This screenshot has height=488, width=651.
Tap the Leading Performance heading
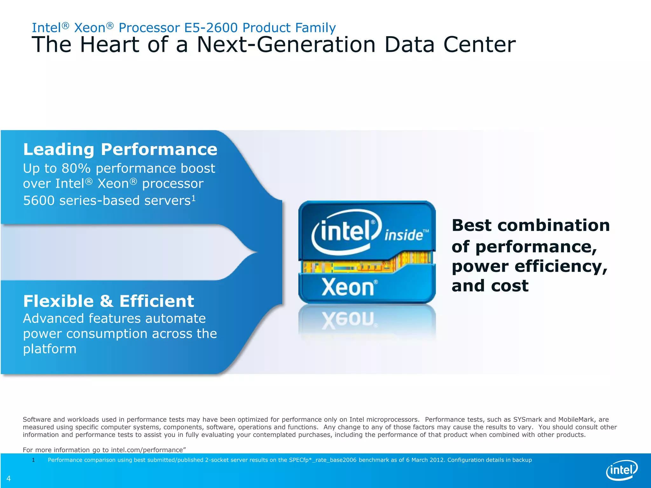click(x=120, y=149)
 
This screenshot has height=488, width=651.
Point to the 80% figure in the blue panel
click(x=76, y=168)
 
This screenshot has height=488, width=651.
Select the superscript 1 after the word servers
click(x=193, y=198)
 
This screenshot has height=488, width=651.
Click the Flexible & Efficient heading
click(x=108, y=301)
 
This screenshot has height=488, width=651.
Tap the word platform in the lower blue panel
click(x=50, y=349)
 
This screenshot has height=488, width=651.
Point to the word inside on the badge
click(x=404, y=235)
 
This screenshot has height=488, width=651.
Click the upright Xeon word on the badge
click(x=348, y=288)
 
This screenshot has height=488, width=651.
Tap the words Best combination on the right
click(x=531, y=226)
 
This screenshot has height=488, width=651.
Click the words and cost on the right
click(x=490, y=286)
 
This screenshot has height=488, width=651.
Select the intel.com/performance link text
click(x=147, y=450)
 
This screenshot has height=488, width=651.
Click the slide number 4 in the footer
click(x=9, y=478)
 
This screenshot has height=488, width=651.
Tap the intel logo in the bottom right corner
click(x=622, y=470)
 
